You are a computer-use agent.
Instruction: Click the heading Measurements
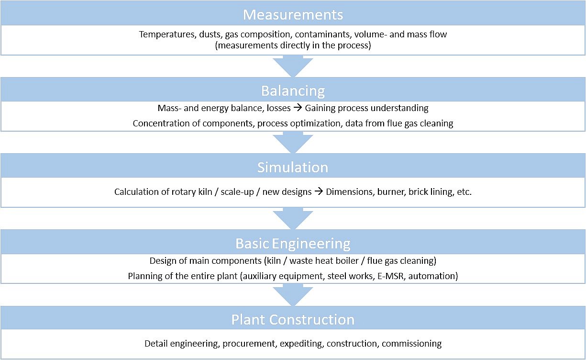(x=293, y=15)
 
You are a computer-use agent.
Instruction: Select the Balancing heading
(x=293, y=91)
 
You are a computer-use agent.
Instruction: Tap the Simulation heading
(x=293, y=167)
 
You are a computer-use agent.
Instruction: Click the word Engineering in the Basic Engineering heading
(x=311, y=244)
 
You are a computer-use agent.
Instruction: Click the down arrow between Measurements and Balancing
(x=293, y=66)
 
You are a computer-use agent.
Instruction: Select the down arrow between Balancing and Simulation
(x=293, y=143)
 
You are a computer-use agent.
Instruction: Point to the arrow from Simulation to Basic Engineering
(x=293, y=219)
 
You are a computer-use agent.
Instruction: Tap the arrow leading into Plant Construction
(x=293, y=295)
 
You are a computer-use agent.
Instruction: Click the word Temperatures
(x=168, y=34)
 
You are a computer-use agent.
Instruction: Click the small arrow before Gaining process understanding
(x=298, y=108)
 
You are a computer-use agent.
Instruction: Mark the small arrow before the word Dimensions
(x=319, y=191)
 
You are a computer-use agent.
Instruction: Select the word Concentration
(x=161, y=124)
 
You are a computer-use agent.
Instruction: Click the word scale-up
(x=237, y=192)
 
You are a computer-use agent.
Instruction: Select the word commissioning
(x=411, y=344)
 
